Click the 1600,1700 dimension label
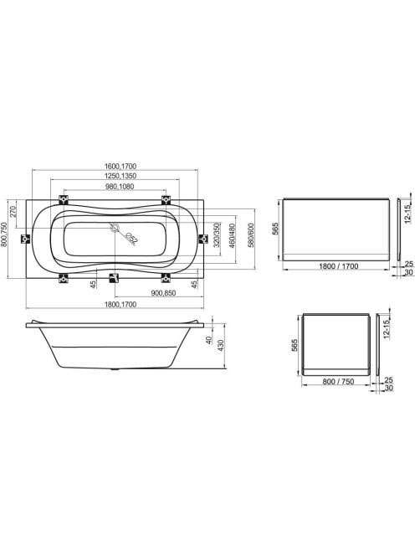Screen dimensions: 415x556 (x=120, y=166)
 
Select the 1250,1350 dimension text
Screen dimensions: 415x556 (x=120, y=176)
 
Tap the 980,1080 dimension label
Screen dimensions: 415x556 (x=120, y=187)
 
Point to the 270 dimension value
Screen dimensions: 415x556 (x=13, y=211)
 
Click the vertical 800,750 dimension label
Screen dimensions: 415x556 (x=4, y=234)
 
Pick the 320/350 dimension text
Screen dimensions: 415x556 (x=217, y=234)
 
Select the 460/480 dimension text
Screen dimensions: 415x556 (x=232, y=235)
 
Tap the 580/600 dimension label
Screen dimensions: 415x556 (x=251, y=235)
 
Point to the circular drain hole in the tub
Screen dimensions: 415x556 (x=115, y=228)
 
